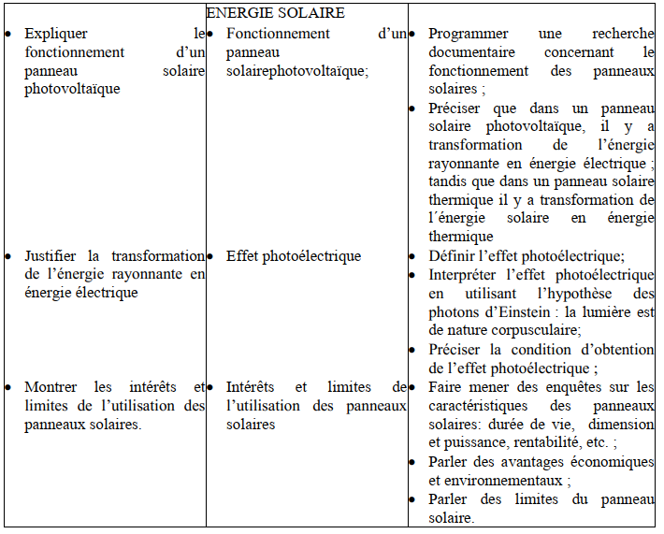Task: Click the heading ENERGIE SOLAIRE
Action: tap(275, 13)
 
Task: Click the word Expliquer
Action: tap(55, 34)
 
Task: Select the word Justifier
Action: tap(53, 256)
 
